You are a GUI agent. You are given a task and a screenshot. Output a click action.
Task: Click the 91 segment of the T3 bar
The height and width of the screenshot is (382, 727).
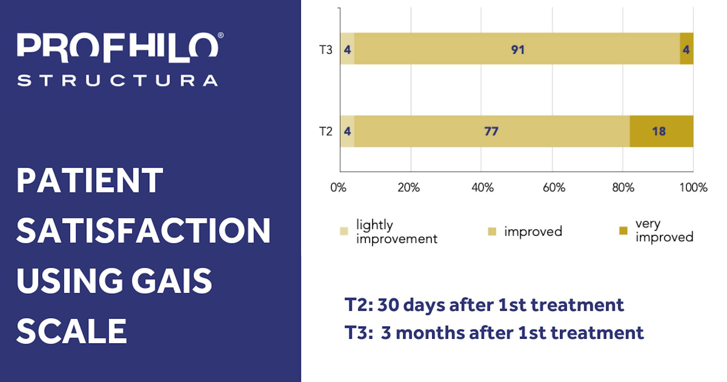click(x=517, y=49)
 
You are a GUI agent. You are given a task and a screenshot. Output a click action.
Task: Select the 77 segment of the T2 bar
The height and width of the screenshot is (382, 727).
click(x=491, y=131)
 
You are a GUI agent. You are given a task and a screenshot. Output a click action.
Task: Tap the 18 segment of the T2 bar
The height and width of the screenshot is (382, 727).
click(x=661, y=131)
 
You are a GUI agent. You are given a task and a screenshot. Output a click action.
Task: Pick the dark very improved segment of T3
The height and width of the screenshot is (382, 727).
click(x=686, y=49)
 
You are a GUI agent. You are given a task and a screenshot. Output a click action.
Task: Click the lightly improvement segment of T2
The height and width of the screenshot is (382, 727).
click(x=347, y=131)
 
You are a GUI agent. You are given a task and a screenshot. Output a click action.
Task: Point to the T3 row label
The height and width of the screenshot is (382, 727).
click(x=326, y=50)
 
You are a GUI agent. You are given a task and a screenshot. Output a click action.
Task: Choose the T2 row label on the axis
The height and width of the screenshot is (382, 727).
click(x=326, y=132)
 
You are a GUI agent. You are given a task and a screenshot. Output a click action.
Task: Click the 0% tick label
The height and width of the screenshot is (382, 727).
click(x=338, y=188)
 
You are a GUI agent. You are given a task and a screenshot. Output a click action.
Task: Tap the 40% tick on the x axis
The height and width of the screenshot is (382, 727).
click(x=482, y=188)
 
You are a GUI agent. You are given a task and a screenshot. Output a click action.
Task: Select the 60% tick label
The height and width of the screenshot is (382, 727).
click(x=554, y=188)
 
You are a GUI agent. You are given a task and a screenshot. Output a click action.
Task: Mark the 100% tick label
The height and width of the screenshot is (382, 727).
click(x=693, y=188)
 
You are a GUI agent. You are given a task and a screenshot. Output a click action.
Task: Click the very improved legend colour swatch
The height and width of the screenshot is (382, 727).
click(x=623, y=230)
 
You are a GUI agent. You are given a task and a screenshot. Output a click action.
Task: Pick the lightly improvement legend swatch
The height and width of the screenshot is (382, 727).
click(x=344, y=231)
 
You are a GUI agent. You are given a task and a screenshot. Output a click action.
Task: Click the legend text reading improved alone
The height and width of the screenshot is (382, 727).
click(x=533, y=232)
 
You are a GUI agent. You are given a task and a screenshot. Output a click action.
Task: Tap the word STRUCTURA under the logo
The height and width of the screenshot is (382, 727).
click(x=117, y=81)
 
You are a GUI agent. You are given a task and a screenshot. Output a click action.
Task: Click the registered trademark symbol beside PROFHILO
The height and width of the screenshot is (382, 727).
click(x=220, y=36)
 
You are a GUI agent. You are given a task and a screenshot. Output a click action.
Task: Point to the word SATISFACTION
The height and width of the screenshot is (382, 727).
click(x=144, y=231)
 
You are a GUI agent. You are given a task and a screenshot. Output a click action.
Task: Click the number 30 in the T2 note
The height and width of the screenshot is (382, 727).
click(x=388, y=305)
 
